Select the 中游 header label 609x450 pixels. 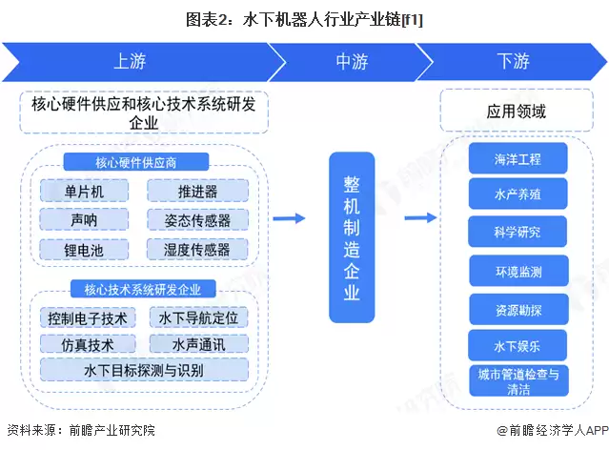point(352,61)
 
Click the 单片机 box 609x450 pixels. point(84,191)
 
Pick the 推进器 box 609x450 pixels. point(197,191)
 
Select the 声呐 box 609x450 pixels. point(84,220)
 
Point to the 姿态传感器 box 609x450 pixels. point(197,220)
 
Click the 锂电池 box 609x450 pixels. point(84,250)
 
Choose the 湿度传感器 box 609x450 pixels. point(197,250)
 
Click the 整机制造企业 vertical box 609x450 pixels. point(352,236)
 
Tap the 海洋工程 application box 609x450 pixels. point(518,157)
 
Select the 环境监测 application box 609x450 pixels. point(518,272)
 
